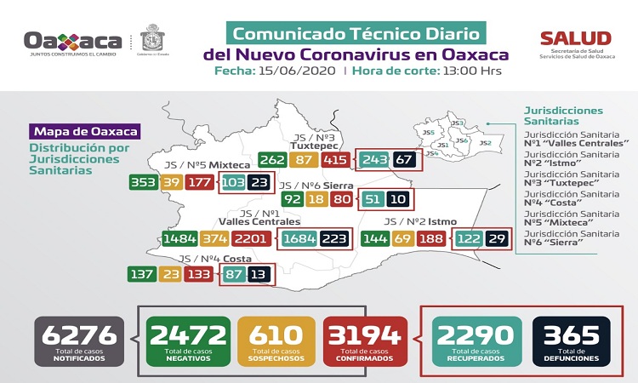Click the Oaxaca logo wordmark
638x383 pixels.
pos(74,41)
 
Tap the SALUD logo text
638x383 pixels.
pos(576,38)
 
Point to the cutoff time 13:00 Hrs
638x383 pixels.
pos(469,71)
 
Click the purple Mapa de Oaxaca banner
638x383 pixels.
pos(85,132)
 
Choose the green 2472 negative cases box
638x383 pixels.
pos(187,341)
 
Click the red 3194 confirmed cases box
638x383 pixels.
pos(364,341)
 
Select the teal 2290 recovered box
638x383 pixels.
pos(474,341)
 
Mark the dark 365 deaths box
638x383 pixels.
pos(572,341)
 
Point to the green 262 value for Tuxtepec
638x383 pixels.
pos(272,160)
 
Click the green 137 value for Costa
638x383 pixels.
pos(141,275)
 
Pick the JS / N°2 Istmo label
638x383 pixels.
pos(420,221)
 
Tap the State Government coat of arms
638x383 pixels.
pos(154,39)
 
